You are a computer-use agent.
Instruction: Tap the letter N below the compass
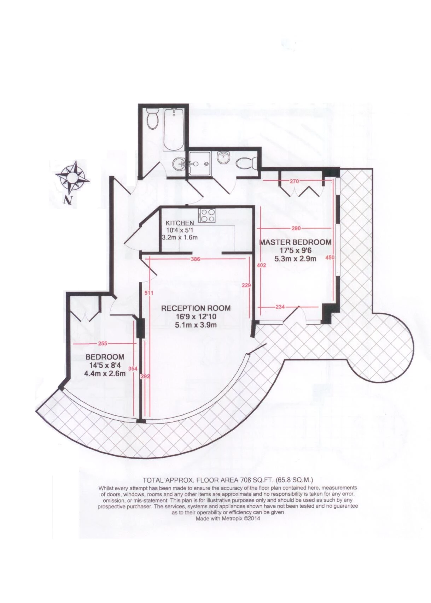[67, 200]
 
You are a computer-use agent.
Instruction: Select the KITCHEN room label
[180, 223]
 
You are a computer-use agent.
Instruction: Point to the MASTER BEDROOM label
[295, 242]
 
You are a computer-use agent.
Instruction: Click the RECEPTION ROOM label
[196, 308]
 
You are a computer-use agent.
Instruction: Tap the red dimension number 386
[195, 259]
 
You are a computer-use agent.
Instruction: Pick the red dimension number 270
[294, 182]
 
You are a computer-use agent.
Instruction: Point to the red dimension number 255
[103, 343]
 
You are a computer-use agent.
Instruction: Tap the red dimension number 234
[280, 307]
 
